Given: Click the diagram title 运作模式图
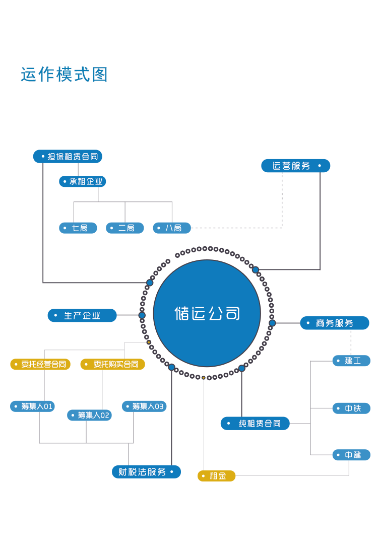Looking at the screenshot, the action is click(x=64, y=75).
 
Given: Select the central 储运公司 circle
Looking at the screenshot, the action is click(x=207, y=313).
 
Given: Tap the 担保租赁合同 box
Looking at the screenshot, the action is click(x=68, y=157).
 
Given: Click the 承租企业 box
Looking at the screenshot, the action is click(x=82, y=181).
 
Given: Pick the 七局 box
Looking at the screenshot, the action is click(x=78, y=228).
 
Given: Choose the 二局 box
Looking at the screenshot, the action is click(x=125, y=228).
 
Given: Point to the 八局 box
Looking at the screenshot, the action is click(x=172, y=228).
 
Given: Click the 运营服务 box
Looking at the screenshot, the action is click(x=296, y=166).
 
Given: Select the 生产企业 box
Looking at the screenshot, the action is click(x=82, y=315).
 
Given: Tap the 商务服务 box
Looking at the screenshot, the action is click(x=335, y=323).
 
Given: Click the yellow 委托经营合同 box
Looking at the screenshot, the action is click(x=40, y=364).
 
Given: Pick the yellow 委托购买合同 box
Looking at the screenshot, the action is click(x=113, y=364).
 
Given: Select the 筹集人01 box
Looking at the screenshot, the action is click(x=33, y=406).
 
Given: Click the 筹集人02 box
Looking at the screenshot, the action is click(x=90, y=415).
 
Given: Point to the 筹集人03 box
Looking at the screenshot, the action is click(x=144, y=406).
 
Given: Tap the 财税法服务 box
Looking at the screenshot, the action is click(x=146, y=472).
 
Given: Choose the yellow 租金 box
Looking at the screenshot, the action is click(x=216, y=476).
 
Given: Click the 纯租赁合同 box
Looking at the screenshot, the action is click(x=255, y=423).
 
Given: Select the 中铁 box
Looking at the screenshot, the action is click(x=351, y=408).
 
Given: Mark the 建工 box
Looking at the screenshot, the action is click(x=351, y=361).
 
